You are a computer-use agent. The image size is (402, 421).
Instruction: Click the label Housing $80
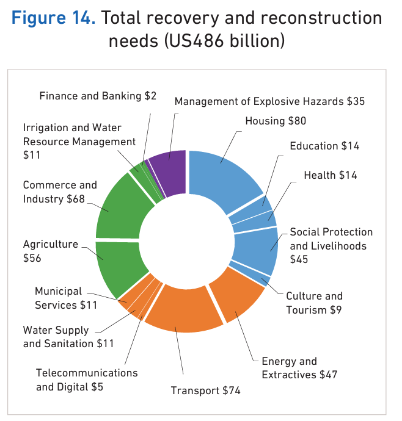[276, 121]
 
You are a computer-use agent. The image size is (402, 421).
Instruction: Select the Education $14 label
[324, 146]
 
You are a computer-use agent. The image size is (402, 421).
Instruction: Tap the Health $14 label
[331, 175]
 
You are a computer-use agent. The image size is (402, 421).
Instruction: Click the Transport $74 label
[205, 390]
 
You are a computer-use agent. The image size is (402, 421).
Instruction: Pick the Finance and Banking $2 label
[98, 96]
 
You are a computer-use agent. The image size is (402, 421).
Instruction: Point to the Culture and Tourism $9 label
[314, 303]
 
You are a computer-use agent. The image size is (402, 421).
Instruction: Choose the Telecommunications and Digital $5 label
[87, 380]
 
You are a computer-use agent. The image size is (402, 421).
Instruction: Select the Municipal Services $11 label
[65, 298]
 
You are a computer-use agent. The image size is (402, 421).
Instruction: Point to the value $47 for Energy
[325, 374]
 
